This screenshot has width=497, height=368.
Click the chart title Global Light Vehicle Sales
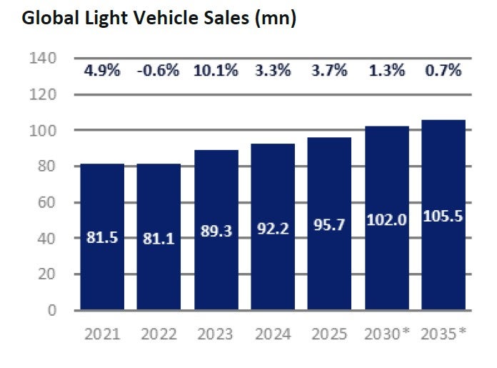point(159,19)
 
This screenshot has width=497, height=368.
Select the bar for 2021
point(102,237)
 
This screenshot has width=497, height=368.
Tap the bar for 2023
point(216,229)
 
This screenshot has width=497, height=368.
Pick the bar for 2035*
point(443,214)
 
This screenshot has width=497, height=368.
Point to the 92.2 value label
point(273,231)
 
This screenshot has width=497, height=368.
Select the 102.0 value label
point(386,221)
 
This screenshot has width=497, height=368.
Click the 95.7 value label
point(330,225)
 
